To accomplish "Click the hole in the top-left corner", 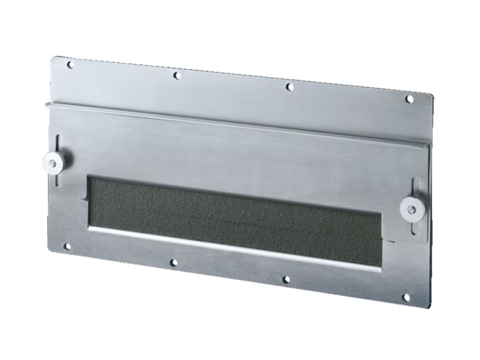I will pos(69,65).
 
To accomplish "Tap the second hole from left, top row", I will pos(176,75).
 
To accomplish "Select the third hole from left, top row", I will pos(289,87).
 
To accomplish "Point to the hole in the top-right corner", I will pos(409,99).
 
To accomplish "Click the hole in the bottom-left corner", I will pos(67,246).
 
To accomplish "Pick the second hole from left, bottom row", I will pos(173,262).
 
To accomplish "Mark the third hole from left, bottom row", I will pos(286,280).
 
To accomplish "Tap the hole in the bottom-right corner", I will pos(405,298).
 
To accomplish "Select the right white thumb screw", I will pos(412,211).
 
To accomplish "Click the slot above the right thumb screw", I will pos(416,189).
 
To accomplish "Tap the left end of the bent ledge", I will pos(47,105).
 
